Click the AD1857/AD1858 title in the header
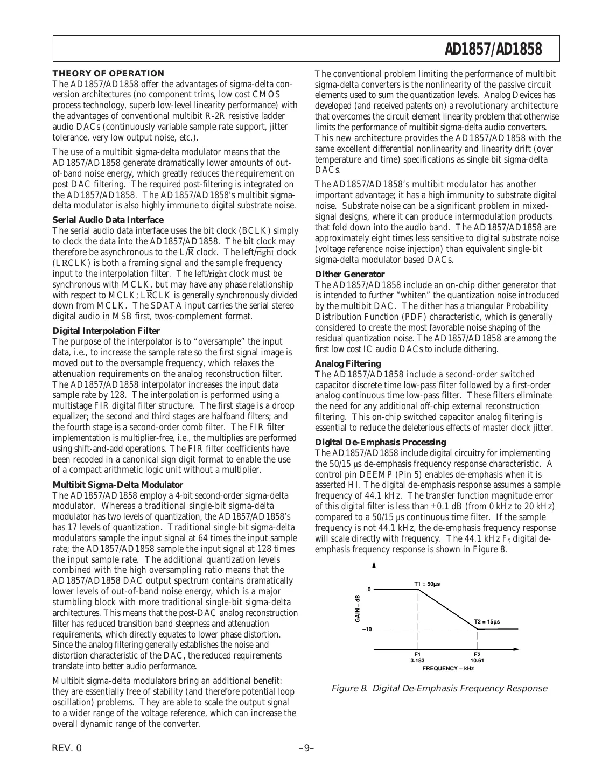(x=493, y=50)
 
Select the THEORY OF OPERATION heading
(x=108, y=73)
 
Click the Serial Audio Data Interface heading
(x=108, y=219)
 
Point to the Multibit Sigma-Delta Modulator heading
(x=117, y=485)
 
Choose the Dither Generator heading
(x=349, y=274)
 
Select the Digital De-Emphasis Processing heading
(x=376, y=442)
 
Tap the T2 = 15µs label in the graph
(x=487, y=621)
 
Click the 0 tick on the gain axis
(x=369, y=589)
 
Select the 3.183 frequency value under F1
(x=418, y=660)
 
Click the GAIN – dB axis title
(x=357, y=609)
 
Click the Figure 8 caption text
(x=439, y=688)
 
